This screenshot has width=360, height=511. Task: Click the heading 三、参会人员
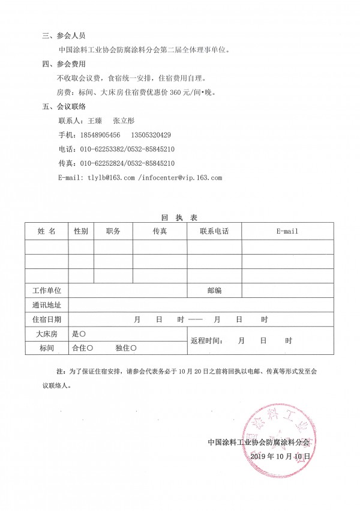[68, 36]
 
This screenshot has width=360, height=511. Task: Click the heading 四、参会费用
[68, 64]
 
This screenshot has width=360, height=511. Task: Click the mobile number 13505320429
[151, 135]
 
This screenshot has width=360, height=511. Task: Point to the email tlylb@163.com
[111, 178]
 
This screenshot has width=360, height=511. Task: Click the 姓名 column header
[47, 231]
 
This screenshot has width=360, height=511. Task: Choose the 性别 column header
[81, 231]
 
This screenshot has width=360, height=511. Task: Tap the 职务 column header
[113, 231]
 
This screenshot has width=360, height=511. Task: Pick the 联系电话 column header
[214, 231]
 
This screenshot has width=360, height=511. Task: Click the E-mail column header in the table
[287, 231]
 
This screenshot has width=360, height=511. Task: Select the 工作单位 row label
[47, 291]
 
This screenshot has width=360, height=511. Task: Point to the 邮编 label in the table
[214, 291]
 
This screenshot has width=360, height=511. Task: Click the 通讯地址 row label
[47, 305]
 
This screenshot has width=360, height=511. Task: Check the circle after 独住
[134, 348]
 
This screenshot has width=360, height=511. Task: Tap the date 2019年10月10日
[281, 456]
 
